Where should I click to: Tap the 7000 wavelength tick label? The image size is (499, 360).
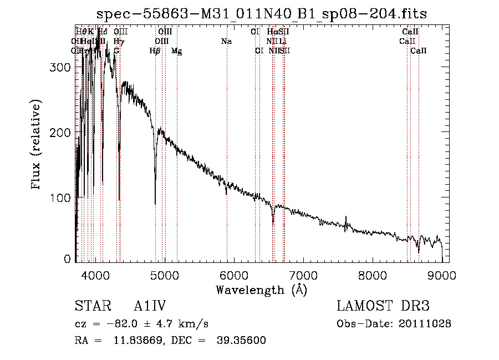click(x=303, y=275)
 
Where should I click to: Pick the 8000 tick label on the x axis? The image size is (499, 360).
click(x=372, y=275)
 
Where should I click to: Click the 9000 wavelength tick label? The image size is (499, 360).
click(x=441, y=275)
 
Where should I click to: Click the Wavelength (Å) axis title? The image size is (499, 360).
click(x=261, y=290)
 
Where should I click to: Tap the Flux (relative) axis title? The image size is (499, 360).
click(x=37, y=145)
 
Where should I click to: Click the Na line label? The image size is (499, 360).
click(x=226, y=42)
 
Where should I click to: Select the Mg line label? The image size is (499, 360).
click(x=176, y=51)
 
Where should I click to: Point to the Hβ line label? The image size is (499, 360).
click(x=155, y=51)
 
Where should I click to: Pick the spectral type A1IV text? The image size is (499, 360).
click(x=150, y=306)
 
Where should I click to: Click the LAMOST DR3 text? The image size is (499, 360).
click(x=383, y=306)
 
